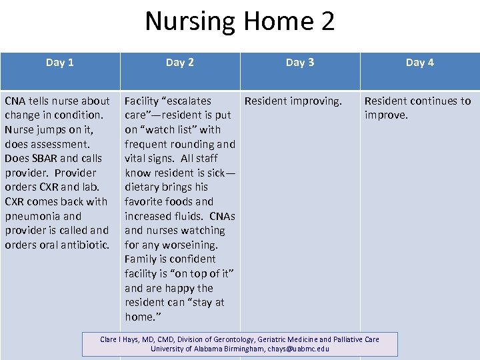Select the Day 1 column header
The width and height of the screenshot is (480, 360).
[60, 62]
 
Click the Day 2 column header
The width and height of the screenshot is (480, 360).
[180, 62]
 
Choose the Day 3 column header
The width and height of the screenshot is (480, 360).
[300, 62]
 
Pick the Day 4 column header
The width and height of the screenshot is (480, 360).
[420, 62]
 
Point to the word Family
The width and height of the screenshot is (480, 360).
[141, 259]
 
